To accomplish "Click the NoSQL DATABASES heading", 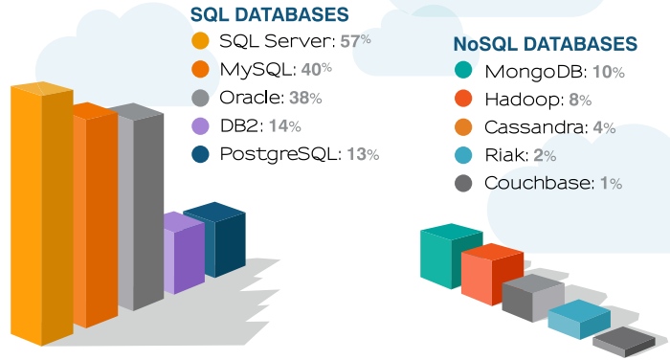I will click(x=546, y=44).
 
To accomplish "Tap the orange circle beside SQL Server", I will click(x=200, y=42).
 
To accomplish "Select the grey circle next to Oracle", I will click(x=200, y=98).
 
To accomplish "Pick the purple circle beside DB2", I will click(x=200, y=125).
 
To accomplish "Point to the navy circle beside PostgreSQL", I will click(x=200, y=153).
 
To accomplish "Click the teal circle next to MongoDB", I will click(x=463, y=72).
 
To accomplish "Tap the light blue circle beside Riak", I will click(x=463, y=155).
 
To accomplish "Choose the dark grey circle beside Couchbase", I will click(x=463, y=183).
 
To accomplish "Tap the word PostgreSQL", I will click(x=270, y=153).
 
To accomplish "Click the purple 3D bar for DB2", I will click(x=184, y=254).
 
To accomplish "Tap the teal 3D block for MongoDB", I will click(x=449, y=255).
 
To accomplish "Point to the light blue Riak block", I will click(x=578, y=320).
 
